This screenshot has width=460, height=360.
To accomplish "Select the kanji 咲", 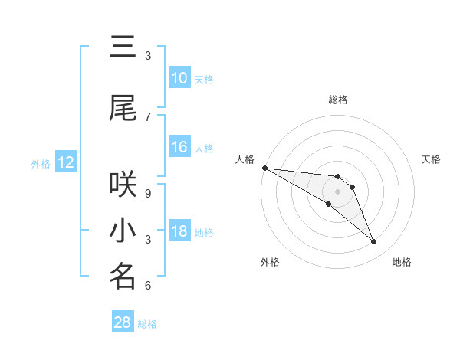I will point(123,184).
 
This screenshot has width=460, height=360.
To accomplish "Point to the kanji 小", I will point(123,231).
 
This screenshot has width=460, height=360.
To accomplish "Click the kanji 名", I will point(123,277).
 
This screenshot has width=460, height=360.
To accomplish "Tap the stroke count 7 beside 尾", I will point(148,116).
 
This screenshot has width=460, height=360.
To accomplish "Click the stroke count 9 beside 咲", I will point(148,193).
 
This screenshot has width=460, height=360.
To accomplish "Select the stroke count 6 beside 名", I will point(148,286).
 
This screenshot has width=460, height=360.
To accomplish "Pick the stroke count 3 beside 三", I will point(148,56).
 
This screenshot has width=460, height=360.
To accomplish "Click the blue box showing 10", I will point(179,78).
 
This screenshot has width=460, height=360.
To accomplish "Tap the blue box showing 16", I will point(179,147).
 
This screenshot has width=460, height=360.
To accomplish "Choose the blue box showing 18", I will point(179,232).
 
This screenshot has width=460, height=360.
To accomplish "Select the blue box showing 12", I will point(66,162).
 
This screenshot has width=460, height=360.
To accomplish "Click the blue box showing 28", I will point(123,322).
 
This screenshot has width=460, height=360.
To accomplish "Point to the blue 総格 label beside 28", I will point(147,324).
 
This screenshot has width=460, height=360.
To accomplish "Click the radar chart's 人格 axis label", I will point(245,159).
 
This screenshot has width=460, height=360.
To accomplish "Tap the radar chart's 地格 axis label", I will point(402,262).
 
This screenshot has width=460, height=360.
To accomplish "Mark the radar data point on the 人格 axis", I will point(264,168).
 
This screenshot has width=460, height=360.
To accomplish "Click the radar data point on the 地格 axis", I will point(374,242).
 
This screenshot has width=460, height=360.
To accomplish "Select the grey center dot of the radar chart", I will point(337,191).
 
